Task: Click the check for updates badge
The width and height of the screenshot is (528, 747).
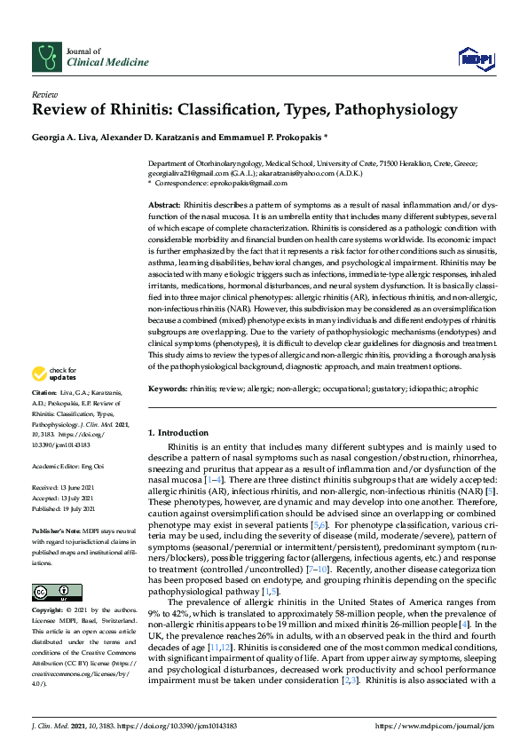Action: point(54,373)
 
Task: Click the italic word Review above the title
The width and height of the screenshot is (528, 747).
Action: point(45,93)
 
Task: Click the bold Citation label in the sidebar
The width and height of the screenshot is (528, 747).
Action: point(45,391)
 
